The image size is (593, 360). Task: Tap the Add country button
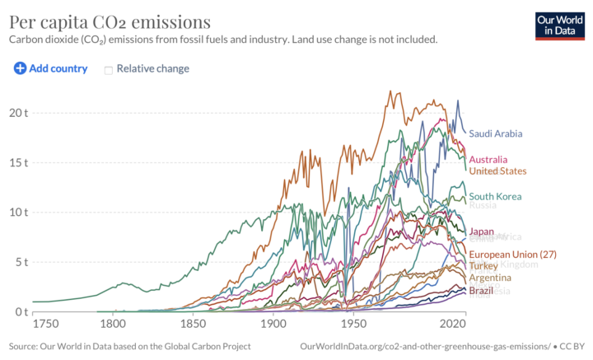51,68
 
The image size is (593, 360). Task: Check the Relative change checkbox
108,69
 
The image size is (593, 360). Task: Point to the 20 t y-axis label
18,112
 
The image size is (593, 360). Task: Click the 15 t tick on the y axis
18,162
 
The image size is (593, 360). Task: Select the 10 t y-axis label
18,212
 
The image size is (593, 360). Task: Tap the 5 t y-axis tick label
21,262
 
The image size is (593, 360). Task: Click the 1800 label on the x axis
114,324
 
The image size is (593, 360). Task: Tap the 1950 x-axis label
353,324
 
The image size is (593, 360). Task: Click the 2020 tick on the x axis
454,324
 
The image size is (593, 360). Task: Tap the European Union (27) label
513,255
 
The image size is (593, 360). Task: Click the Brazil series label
481,291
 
